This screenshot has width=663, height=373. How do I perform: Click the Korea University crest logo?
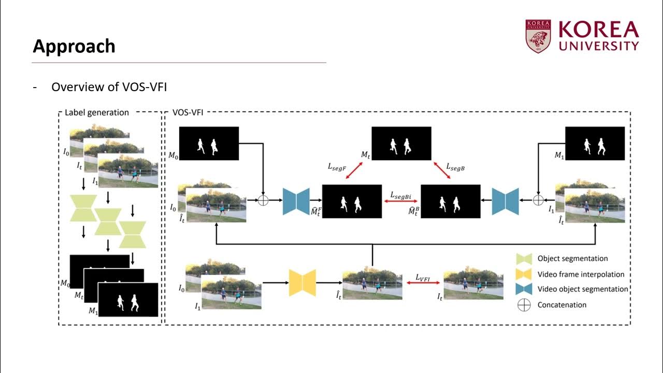point(538,36)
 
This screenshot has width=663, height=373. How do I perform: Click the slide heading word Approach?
point(74,47)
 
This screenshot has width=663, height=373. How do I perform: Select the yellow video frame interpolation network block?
point(302,283)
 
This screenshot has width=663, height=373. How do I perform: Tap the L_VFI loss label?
point(423,278)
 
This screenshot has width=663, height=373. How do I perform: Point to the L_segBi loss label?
point(401,195)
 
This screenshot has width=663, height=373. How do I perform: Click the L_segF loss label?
point(337,166)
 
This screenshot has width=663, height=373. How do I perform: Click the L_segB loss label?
point(455,166)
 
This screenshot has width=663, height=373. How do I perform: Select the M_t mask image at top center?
point(401,144)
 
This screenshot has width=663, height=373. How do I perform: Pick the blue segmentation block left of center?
point(295,200)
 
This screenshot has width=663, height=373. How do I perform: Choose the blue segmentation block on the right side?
point(505,200)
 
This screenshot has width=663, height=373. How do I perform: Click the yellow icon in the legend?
point(524,274)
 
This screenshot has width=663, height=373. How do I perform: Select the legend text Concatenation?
point(561,305)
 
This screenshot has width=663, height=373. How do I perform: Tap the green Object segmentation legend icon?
point(524,259)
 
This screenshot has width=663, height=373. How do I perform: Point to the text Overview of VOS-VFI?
point(109,87)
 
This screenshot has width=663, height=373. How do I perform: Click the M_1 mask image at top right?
point(594,144)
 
